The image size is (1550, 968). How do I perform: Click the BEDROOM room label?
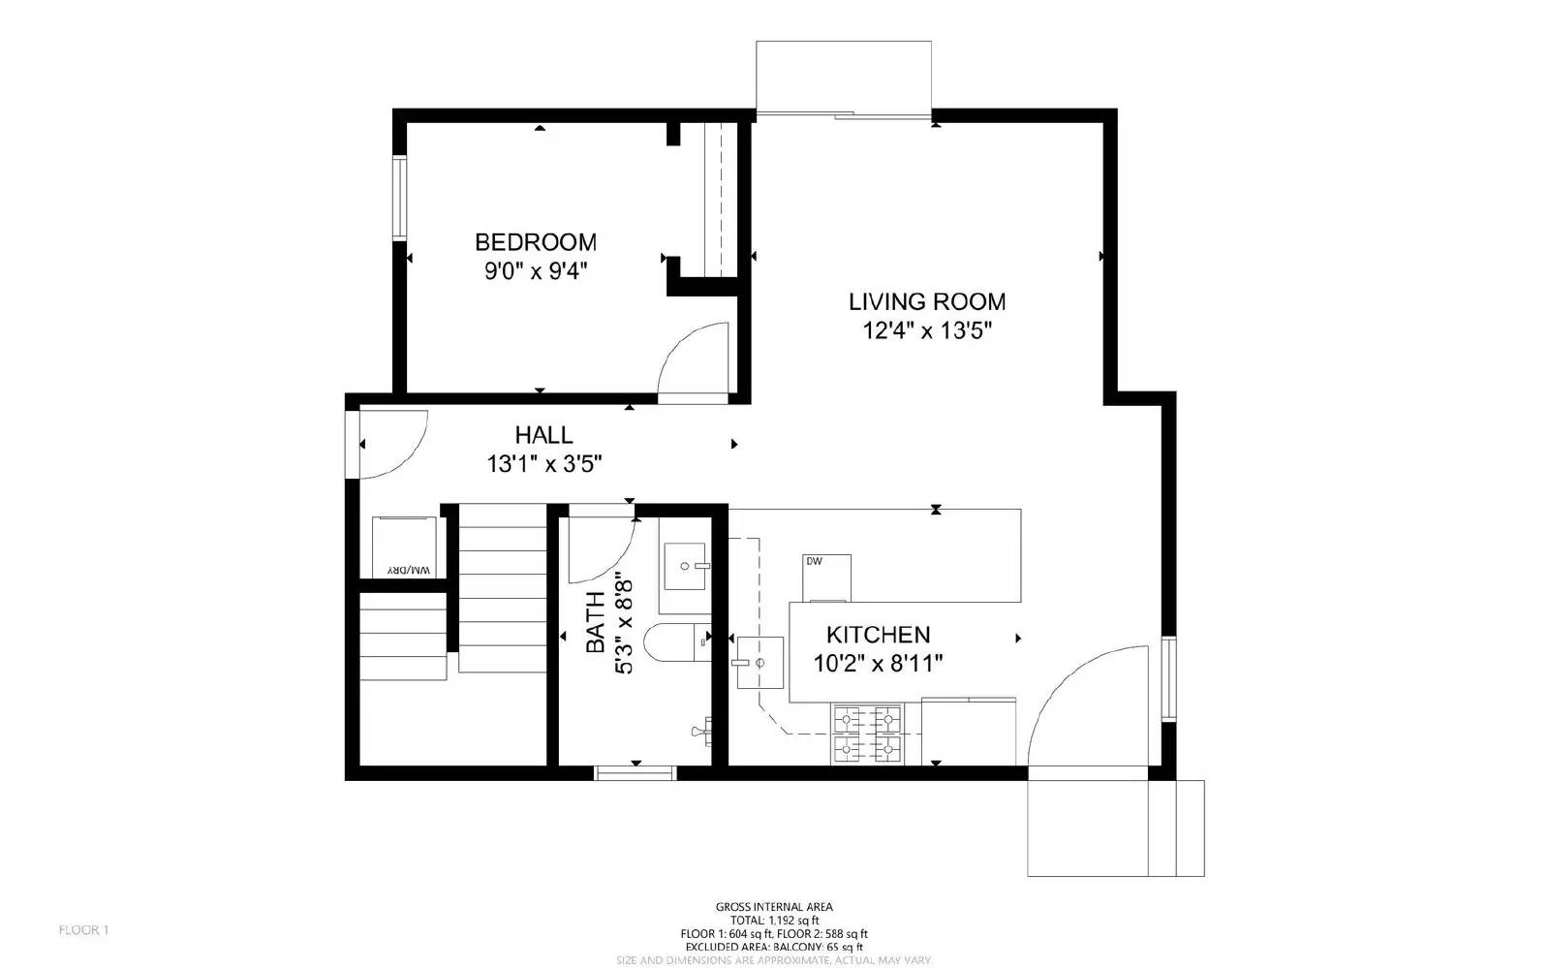tap(535, 241)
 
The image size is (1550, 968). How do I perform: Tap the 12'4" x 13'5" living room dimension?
tap(927, 331)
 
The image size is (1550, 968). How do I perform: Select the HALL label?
tap(543, 435)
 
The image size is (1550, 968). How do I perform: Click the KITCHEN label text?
tap(878, 635)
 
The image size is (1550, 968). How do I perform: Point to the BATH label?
tap(595, 623)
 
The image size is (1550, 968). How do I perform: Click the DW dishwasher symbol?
tap(826, 578)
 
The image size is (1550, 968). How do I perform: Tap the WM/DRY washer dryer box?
tap(408, 548)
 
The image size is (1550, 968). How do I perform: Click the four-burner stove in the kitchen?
tap(867, 734)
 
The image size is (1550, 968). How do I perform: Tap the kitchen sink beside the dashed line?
tap(759, 663)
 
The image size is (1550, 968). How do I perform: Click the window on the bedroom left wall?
tap(398, 198)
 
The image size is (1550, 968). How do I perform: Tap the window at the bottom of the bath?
tap(635, 772)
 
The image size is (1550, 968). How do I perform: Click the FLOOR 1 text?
tap(83, 930)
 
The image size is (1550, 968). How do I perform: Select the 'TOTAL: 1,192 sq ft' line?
tap(774, 921)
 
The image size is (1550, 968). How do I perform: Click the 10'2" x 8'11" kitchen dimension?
tap(878, 664)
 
